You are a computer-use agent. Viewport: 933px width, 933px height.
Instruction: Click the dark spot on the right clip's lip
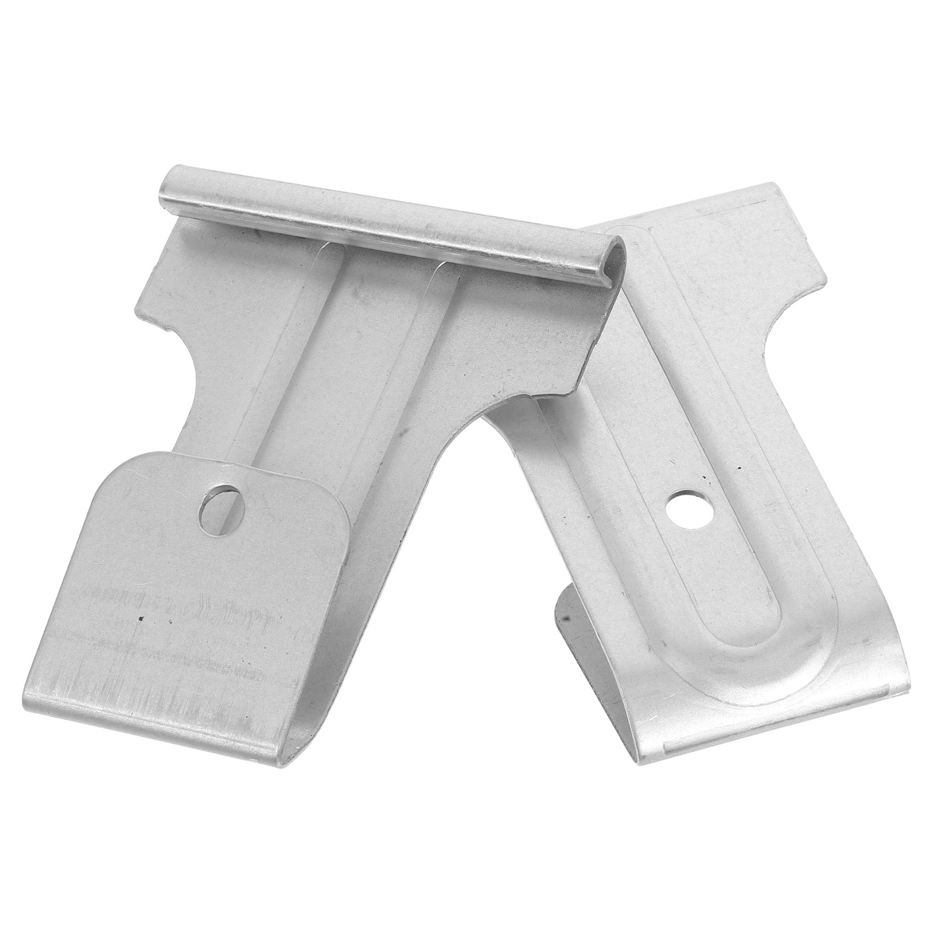point(564,613)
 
